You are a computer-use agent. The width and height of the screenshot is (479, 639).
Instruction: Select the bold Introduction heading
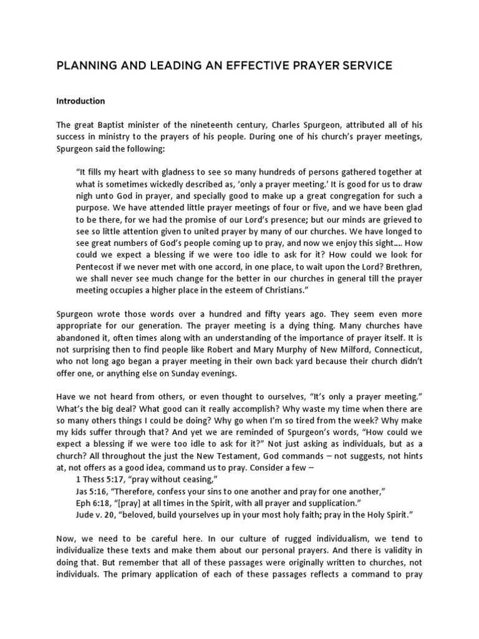pyautogui.click(x=80, y=100)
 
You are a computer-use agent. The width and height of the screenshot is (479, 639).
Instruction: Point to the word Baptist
pyautogui.click(x=109, y=124)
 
